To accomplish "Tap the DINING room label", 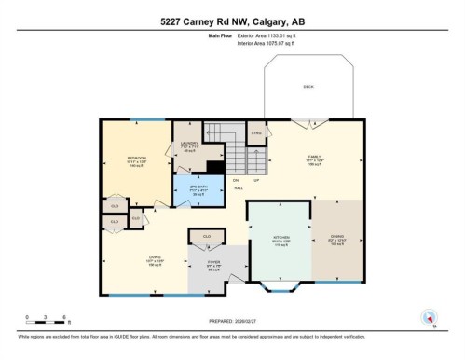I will point(336,239).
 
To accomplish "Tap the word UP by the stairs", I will point(255,179).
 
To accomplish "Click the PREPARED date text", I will point(232,313).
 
